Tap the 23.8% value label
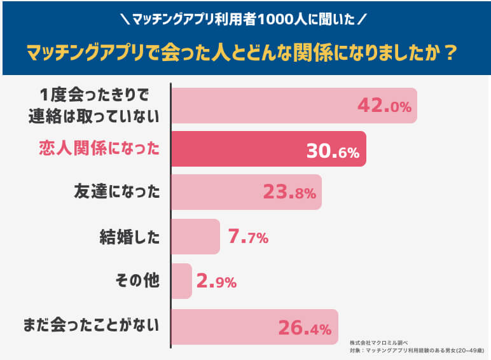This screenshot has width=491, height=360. (x=289, y=193)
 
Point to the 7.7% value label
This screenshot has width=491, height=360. (x=247, y=237)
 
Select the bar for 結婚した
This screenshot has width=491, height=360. (x=196, y=237)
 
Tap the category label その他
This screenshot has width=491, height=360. (x=137, y=280)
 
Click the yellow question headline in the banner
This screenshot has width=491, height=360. (x=245, y=52)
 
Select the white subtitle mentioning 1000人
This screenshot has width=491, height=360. (x=245, y=19)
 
